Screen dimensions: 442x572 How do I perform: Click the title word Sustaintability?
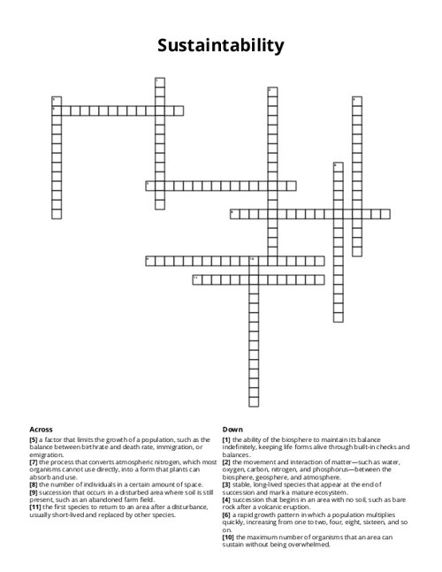point(221,45)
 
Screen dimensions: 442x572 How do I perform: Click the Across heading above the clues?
point(41,429)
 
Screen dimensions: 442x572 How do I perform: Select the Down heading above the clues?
point(232,429)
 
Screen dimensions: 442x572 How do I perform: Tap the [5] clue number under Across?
point(33,439)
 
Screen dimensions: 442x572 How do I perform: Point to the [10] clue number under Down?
point(228,537)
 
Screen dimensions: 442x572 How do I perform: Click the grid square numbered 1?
point(160,82)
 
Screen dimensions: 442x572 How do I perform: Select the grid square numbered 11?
point(196,279)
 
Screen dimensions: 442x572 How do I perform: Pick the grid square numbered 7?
point(150,186)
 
